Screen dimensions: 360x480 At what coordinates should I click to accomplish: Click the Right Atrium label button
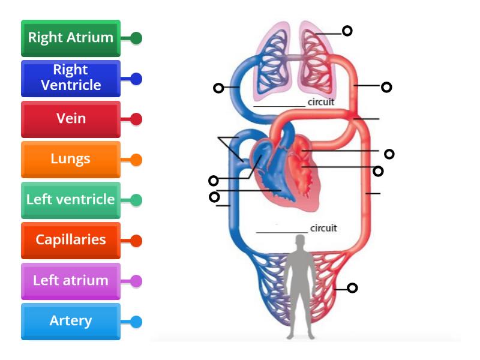pyautogui.click(x=71, y=38)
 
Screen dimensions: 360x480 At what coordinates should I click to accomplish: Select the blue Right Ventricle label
pyautogui.click(x=71, y=78)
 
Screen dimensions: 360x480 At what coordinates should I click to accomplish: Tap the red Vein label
pyautogui.click(x=71, y=119)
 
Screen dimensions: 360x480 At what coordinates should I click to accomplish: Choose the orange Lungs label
pyautogui.click(x=71, y=160)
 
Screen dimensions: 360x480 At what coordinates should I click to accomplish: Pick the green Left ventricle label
pyautogui.click(x=71, y=200)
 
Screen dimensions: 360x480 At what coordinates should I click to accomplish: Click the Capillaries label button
pyautogui.click(x=71, y=240)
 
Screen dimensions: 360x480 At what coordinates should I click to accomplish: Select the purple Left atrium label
pyautogui.click(x=71, y=281)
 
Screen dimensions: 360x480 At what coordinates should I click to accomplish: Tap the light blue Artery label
pyautogui.click(x=71, y=321)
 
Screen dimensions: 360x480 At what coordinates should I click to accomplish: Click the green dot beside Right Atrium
pyautogui.click(x=136, y=38)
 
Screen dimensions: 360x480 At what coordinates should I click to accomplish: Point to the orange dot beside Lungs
pyautogui.click(x=136, y=160)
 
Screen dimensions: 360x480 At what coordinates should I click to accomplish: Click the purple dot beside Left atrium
pyautogui.click(x=136, y=281)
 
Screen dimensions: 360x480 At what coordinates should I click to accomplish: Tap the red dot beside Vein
pyautogui.click(x=136, y=119)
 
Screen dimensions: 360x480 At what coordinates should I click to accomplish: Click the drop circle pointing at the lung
pyautogui.click(x=347, y=31)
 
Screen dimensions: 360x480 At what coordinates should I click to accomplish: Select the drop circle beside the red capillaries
pyautogui.click(x=353, y=288)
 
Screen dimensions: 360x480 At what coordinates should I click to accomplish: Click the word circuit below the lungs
pyautogui.click(x=321, y=102)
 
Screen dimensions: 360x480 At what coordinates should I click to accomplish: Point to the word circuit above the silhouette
pyautogui.click(x=323, y=228)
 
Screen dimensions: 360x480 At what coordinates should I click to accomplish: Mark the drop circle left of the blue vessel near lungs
pyautogui.click(x=218, y=88)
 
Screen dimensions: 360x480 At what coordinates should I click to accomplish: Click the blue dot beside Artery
pyautogui.click(x=136, y=322)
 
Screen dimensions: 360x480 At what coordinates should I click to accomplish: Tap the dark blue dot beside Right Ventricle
pyautogui.click(x=136, y=79)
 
